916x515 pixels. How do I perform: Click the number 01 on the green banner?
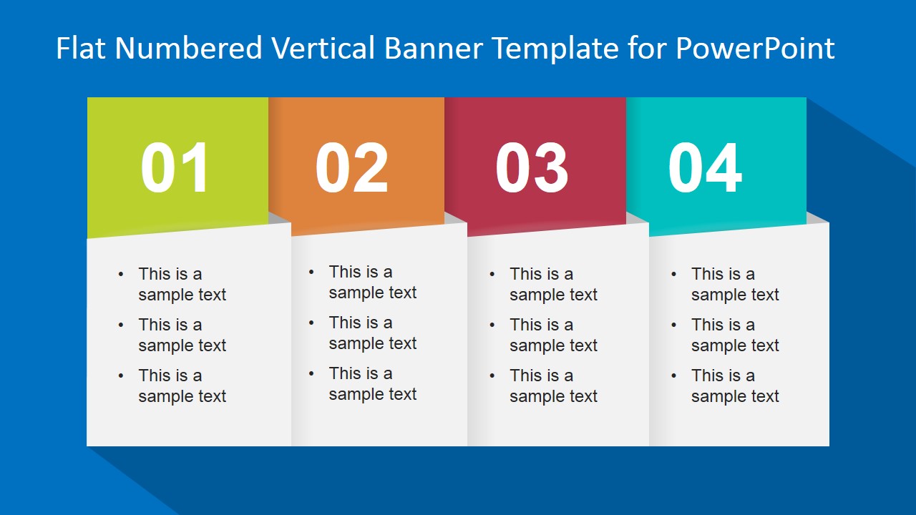pos(175,167)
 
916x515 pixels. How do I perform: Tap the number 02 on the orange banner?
pos(351,167)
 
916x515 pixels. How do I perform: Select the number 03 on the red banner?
pos(532,167)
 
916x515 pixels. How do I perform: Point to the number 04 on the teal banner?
pos(705,167)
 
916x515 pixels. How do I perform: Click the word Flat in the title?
pos(81,48)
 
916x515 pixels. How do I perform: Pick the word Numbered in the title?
pos(188,48)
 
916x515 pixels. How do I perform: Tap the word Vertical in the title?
pos(323,48)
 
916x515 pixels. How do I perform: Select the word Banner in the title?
pos(434,48)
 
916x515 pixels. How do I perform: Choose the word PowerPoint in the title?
pos(755,48)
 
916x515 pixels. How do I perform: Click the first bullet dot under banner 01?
pos(121,274)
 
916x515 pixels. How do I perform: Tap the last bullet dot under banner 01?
pos(121,376)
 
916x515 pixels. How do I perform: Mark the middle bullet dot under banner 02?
pos(311,323)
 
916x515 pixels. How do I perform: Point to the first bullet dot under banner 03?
pos(492,274)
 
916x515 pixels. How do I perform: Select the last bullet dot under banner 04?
pos(673,376)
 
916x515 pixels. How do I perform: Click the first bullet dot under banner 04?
pos(673,274)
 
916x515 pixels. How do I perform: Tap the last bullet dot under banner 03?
pos(492,376)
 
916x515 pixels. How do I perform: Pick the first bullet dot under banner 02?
pos(311,273)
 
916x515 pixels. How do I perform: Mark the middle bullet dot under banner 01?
pos(121,325)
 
